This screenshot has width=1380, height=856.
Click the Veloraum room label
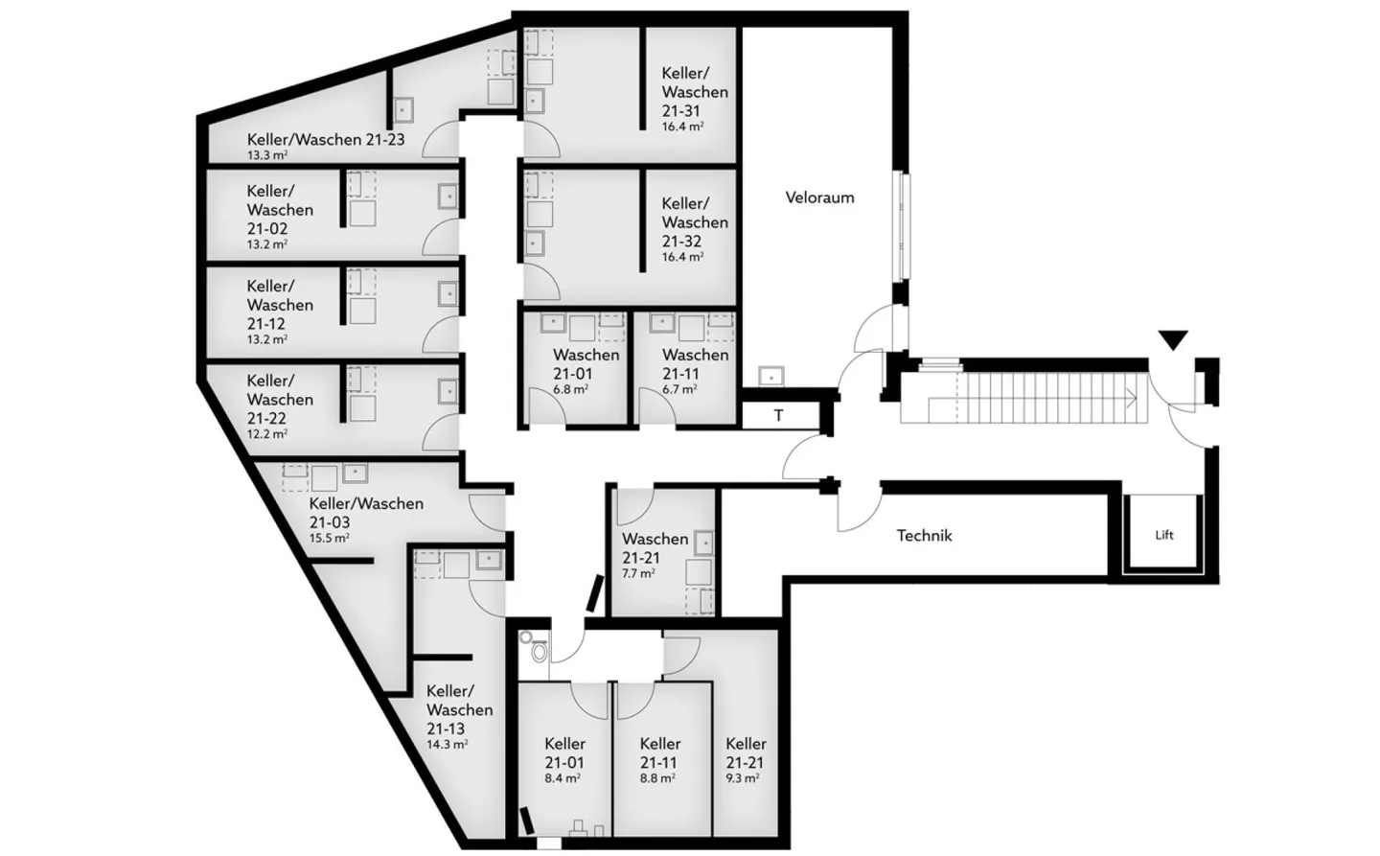click(x=819, y=198)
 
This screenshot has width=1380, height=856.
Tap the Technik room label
click(x=924, y=536)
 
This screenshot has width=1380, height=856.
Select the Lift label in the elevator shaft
click(x=1164, y=535)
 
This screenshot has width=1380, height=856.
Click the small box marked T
click(x=779, y=416)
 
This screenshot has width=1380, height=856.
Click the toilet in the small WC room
click(x=540, y=652)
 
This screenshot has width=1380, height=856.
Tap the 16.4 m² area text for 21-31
click(x=682, y=127)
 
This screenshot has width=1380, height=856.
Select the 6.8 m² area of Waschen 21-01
click(x=570, y=389)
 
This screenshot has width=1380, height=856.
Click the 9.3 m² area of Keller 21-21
click(x=742, y=778)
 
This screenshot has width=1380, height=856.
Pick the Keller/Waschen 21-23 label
click(x=326, y=140)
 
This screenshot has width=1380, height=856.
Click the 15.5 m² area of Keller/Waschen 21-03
click(x=329, y=538)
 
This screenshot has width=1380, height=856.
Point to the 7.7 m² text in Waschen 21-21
click(x=638, y=573)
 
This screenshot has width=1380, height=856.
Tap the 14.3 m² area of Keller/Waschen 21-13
click(x=448, y=744)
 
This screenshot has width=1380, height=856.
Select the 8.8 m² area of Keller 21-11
click(x=657, y=778)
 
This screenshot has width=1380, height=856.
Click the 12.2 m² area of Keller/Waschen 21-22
click(x=267, y=434)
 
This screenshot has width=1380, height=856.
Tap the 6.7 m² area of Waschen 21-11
click(x=679, y=389)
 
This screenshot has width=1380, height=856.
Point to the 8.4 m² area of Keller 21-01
click(x=563, y=778)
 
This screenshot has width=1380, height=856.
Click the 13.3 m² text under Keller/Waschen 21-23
click(x=267, y=155)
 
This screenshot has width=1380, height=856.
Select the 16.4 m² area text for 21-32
click(x=682, y=257)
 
